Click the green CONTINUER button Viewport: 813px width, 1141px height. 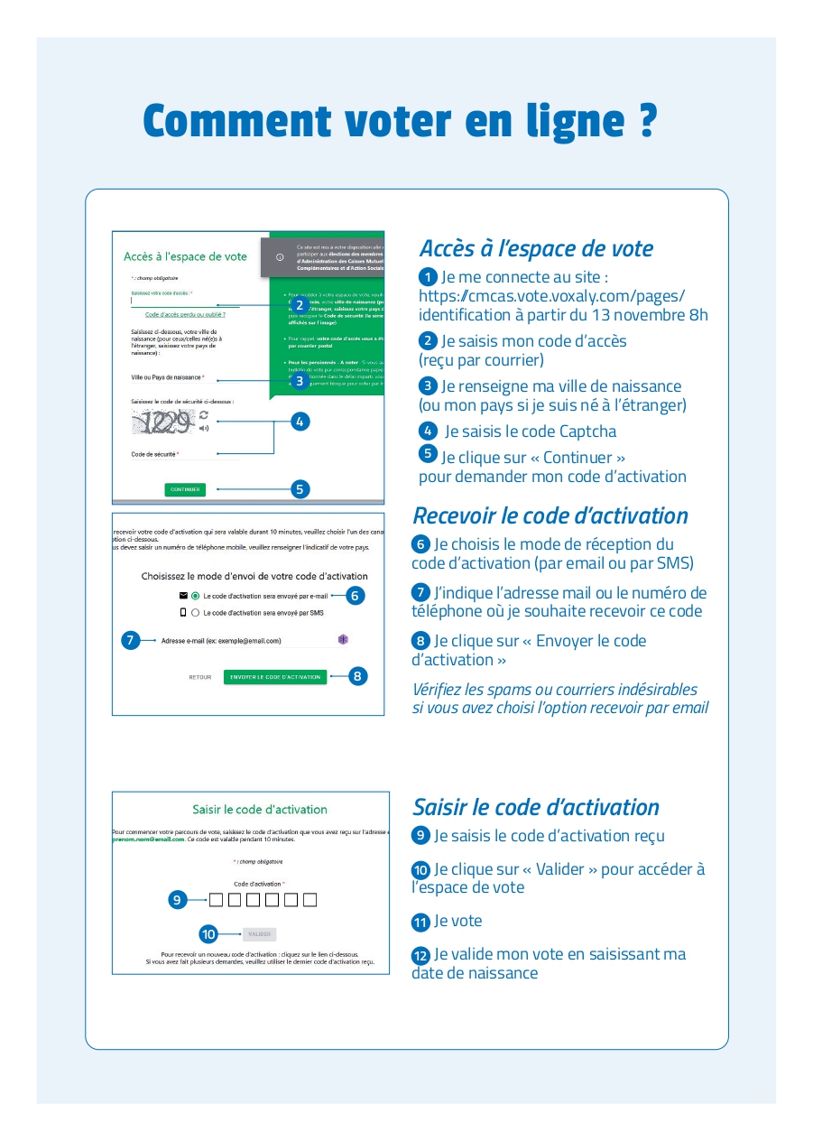(185, 489)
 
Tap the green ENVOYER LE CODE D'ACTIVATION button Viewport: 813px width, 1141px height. (275, 676)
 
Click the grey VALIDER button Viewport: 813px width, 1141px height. (260, 934)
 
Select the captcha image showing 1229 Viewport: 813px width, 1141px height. (163, 421)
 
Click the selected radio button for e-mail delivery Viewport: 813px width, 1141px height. (195, 596)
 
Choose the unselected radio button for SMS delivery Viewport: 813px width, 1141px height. (195, 613)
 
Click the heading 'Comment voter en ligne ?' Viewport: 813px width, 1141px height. (400, 121)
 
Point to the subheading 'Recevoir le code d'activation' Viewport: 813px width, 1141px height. (550, 515)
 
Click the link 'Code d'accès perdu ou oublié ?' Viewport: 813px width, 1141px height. (185, 314)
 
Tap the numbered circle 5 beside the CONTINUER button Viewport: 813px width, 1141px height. (300, 489)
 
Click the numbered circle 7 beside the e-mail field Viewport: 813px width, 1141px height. (131, 640)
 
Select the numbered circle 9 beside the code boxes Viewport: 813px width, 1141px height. (178, 899)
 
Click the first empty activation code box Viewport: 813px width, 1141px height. (216, 899)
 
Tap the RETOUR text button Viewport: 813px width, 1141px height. (199, 677)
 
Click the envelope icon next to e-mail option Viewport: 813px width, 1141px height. (183, 596)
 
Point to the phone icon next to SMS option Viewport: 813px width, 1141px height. (183, 613)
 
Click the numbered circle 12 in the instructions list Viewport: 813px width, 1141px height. (420, 955)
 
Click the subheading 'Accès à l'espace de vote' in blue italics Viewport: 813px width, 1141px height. (536, 248)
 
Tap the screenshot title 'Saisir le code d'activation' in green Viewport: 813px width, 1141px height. (260, 810)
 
